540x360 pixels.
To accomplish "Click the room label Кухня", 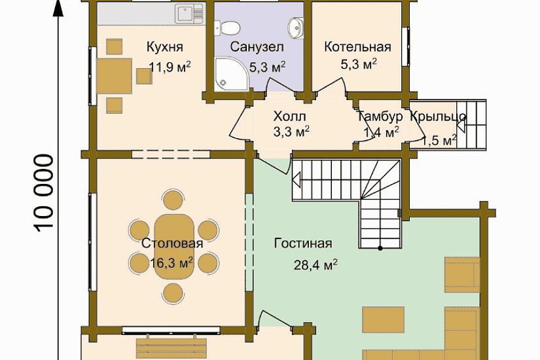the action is point(164,47).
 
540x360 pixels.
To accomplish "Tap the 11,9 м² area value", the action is point(170,67).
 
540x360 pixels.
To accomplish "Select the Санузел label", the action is point(257,47).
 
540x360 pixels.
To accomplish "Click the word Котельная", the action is point(357,47).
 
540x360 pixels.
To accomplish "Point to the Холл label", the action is point(289,117).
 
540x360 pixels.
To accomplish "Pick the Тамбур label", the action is point(380,117).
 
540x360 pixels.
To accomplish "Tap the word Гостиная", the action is point(303,243).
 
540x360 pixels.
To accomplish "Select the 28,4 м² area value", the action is point(315,264).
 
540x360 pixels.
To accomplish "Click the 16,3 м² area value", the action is point(171,263).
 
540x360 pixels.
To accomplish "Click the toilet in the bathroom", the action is point(227,27).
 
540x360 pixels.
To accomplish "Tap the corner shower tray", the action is point(231,74).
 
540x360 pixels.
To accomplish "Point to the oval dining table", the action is point(174,247).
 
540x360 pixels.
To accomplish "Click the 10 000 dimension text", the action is point(44,193).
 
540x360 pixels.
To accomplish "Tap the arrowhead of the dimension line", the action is point(58,8).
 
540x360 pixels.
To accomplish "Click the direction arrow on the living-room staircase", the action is point(296,180).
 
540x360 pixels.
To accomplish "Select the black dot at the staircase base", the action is point(380,248).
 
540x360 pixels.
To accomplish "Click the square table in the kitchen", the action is point(115,76).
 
